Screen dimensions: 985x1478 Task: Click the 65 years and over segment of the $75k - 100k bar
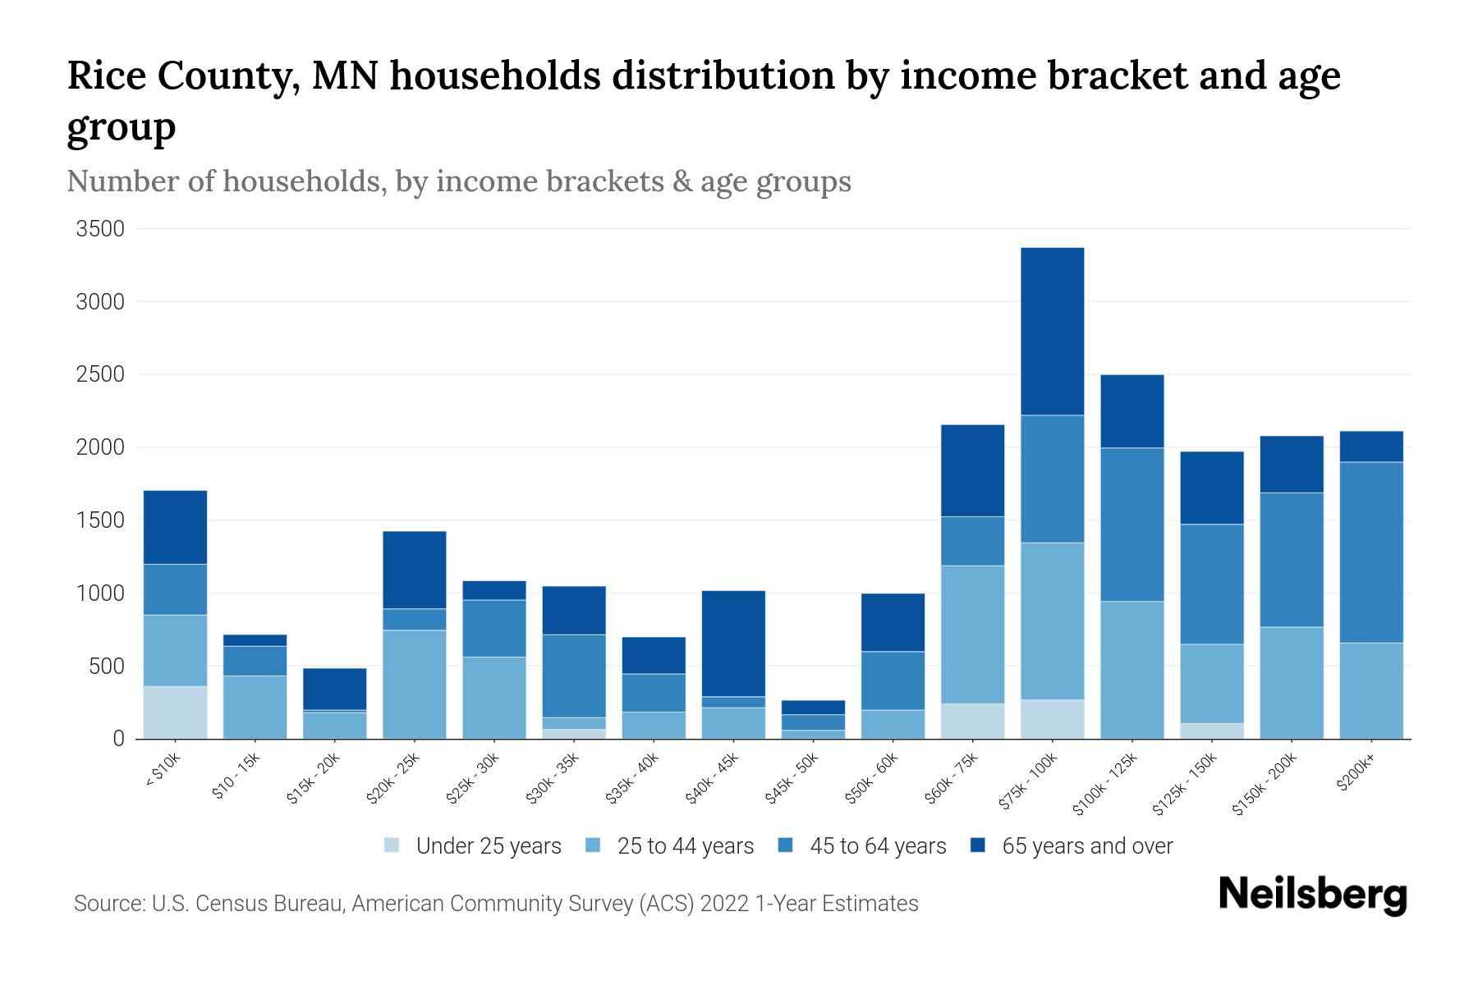[1052, 332]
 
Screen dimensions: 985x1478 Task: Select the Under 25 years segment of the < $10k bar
[175, 712]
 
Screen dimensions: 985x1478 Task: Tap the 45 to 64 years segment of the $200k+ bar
[1370, 552]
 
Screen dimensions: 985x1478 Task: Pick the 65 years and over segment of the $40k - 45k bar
[733, 644]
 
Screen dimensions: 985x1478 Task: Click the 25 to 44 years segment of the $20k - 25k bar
[415, 684]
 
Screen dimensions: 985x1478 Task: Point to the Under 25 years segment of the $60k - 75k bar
[972, 721]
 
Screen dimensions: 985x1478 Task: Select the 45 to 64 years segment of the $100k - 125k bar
[1131, 525]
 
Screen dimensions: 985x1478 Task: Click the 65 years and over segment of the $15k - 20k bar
[335, 689]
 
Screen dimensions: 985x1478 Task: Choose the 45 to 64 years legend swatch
[786, 845]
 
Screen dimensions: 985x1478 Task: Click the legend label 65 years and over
[1087, 846]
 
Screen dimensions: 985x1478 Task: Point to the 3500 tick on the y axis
[100, 229]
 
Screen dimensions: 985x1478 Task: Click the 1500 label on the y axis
[100, 520]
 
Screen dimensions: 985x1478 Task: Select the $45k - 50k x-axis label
[792, 779]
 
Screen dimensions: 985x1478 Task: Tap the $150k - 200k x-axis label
[1265, 785]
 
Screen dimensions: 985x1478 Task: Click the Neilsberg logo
[1312, 895]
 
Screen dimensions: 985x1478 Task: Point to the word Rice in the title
[106, 76]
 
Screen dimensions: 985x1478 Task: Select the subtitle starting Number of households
[458, 181]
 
